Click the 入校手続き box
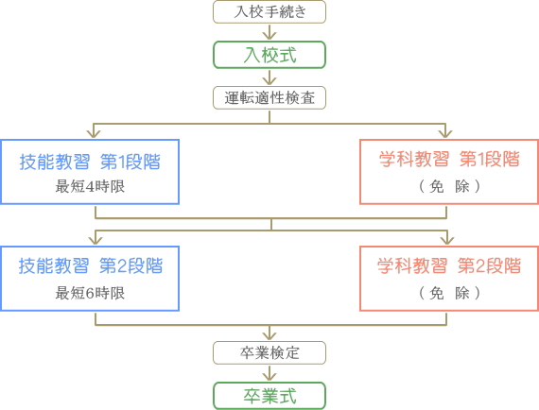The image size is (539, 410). pos(269,12)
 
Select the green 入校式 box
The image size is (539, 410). pos(269,55)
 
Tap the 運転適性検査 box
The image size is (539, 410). pos(269,98)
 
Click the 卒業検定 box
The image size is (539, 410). pos(269,352)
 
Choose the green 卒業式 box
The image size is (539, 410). pos(269,396)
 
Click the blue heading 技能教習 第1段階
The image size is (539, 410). pos(90,162)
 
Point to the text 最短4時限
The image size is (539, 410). pos(90,187)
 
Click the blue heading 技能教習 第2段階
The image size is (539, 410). pos(91,265)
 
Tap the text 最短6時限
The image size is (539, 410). pos(90,293)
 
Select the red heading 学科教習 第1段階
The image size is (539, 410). pos(449,160)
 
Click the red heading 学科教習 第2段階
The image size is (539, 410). pos(449,265)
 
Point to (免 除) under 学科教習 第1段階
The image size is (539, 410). pos(449,187)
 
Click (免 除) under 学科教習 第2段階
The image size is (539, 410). pos(449,293)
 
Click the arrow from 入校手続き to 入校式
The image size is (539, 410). pos(269,32)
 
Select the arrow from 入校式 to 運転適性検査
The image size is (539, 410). pos(269,77)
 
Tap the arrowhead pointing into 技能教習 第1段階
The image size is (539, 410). pos(94,134)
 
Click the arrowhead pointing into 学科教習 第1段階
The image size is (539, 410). pos(445,134)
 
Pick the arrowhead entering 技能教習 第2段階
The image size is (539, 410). pos(96,240)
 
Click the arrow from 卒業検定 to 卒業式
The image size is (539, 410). pos(269,373)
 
